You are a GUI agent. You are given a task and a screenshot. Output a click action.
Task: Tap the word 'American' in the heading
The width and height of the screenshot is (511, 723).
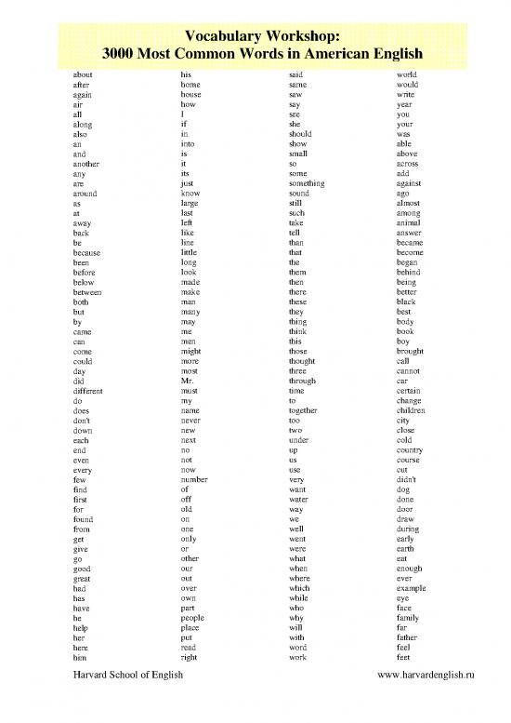coord(322,54)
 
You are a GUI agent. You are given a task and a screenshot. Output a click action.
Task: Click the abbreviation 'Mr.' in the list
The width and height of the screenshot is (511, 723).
coord(188,381)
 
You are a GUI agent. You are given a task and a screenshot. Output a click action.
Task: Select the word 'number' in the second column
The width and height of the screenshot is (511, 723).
coord(195,479)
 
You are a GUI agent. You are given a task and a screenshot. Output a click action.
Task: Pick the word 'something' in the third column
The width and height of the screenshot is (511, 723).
coord(308,183)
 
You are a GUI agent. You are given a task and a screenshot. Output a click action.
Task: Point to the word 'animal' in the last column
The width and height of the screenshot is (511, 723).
coord(409,223)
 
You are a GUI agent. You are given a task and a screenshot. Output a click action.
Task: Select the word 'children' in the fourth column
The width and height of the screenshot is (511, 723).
coord(411,410)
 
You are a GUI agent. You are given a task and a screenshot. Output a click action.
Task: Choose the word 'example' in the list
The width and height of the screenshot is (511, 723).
coord(411,588)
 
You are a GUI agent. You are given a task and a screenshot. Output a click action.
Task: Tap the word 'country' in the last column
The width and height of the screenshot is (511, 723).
coord(410,449)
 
